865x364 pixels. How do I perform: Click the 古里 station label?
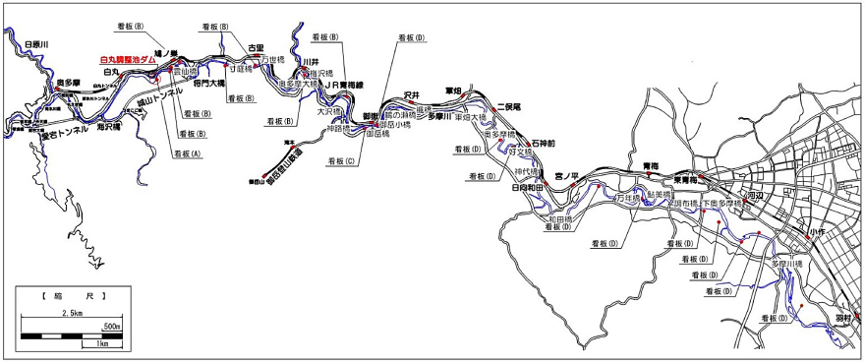[x=257, y=47]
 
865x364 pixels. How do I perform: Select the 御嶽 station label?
[x=371, y=116]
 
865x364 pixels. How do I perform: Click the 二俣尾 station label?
[x=508, y=106]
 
